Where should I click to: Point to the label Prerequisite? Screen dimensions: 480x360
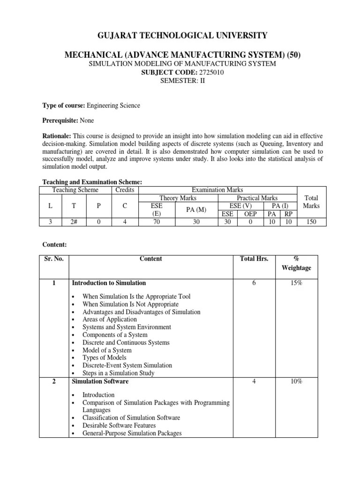point(60,120)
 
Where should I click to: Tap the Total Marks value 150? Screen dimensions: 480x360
point(311,222)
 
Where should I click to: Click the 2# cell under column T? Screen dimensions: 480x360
point(74,222)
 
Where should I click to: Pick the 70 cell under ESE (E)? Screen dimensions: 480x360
point(157,222)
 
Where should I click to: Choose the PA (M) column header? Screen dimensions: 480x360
point(196,210)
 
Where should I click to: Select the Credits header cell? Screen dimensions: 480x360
point(125,190)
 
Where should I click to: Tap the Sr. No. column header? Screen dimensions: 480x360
point(54,259)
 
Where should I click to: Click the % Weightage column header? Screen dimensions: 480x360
point(296,263)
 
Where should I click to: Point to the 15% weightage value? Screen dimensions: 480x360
point(296,283)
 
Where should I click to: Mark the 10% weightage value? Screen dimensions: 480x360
point(296,382)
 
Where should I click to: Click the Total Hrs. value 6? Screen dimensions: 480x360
point(254,283)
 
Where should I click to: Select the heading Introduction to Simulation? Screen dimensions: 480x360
point(108,283)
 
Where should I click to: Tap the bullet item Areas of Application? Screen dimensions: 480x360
point(110,319)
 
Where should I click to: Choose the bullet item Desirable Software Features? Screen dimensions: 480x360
point(119,426)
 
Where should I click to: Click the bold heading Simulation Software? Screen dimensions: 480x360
point(100,382)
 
